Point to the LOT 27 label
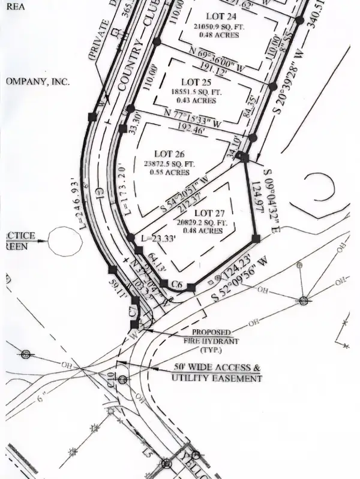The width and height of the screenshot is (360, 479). pyautogui.click(x=212, y=213)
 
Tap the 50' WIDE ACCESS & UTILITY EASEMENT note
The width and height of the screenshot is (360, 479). pyautogui.click(x=217, y=373)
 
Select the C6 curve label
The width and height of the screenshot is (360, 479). pyautogui.click(x=176, y=284)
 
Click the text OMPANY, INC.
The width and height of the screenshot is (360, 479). pyautogui.click(x=37, y=80)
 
